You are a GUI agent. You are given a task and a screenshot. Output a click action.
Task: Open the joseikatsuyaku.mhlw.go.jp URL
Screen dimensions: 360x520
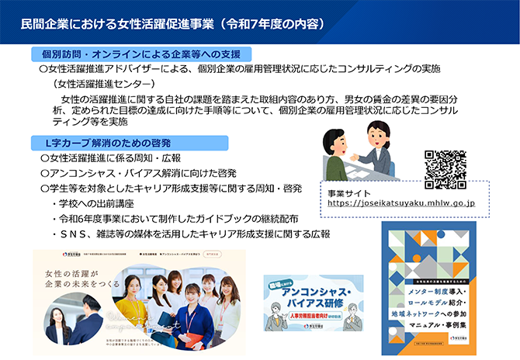[x=401, y=203]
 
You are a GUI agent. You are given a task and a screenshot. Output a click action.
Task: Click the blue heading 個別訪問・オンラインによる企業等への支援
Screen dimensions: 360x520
[x=135, y=54]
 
